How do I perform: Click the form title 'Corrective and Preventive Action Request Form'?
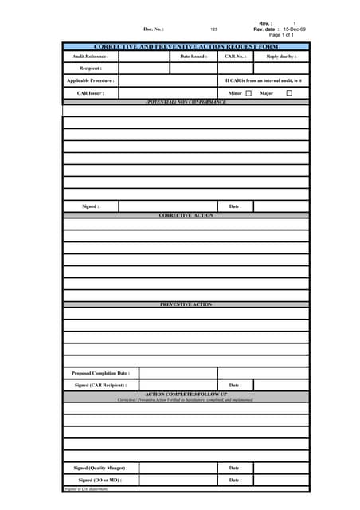(186, 48)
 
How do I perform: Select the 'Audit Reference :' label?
(90, 57)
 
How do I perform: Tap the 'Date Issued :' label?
(194, 57)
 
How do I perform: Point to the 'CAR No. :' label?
(235, 57)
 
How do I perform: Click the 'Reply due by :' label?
(281, 57)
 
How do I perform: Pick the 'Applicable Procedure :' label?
(90, 80)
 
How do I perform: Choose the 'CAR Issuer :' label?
(90, 93)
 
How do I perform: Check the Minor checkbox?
(248, 93)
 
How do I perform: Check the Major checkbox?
(289, 93)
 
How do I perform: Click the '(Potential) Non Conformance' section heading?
(186, 102)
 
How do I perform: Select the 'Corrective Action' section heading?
(186, 215)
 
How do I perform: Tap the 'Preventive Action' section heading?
(186, 304)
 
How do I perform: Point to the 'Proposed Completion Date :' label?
(100, 373)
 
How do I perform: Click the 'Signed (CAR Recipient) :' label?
(100, 386)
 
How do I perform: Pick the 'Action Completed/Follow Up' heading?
(186, 394)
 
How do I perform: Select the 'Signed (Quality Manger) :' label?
(100, 468)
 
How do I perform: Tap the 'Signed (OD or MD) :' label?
(100, 481)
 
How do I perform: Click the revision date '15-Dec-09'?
(294, 29)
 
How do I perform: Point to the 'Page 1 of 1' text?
(281, 35)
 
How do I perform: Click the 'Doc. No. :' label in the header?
(154, 29)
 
